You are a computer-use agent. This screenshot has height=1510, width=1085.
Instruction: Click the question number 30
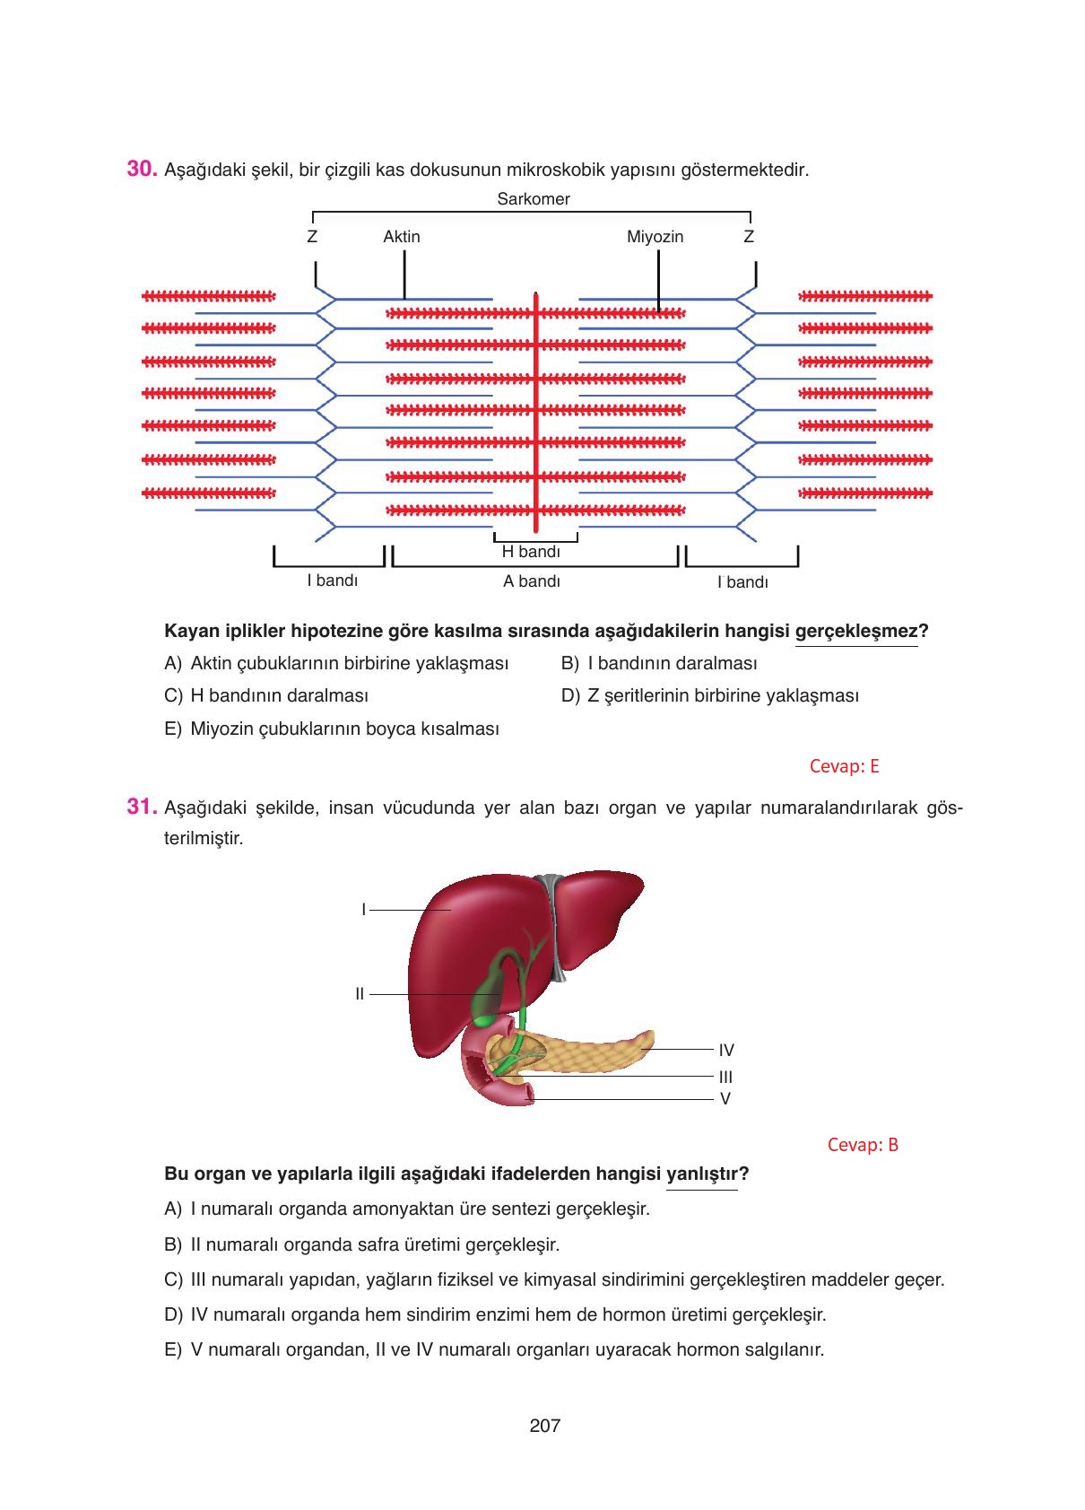[x=143, y=169]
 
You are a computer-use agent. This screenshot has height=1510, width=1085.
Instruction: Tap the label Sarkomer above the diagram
[x=533, y=199]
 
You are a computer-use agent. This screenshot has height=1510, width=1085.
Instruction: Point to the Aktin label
[x=401, y=237]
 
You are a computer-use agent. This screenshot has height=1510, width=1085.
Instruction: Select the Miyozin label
[x=655, y=237]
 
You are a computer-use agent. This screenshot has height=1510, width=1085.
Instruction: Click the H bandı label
[x=531, y=553]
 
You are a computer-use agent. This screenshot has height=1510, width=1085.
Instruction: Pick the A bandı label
[x=531, y=581]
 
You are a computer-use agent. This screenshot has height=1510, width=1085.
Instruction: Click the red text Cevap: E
[x=844, y=765]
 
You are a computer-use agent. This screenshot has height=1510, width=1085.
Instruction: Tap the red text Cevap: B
[x=863, y=1144]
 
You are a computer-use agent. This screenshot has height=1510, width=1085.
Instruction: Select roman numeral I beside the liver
[x=364, y=909]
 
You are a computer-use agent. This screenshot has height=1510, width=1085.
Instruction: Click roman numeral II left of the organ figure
[x=360, y=994]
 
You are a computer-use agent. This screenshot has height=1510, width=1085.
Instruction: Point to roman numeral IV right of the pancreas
[x=726, y=1050]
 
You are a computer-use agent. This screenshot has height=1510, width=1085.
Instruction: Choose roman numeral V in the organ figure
[x=725, y=1098]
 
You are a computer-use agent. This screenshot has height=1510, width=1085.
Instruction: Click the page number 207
[x=544, y=1425]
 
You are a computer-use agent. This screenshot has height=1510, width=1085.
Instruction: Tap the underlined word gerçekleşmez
[x=855, y=631]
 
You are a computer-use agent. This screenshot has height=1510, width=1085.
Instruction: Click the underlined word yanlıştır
[x=701, y=1174]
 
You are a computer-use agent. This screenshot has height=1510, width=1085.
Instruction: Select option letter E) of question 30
[x=173, y=729]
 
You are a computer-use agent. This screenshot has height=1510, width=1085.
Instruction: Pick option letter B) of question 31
[x=173, y=1244]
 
